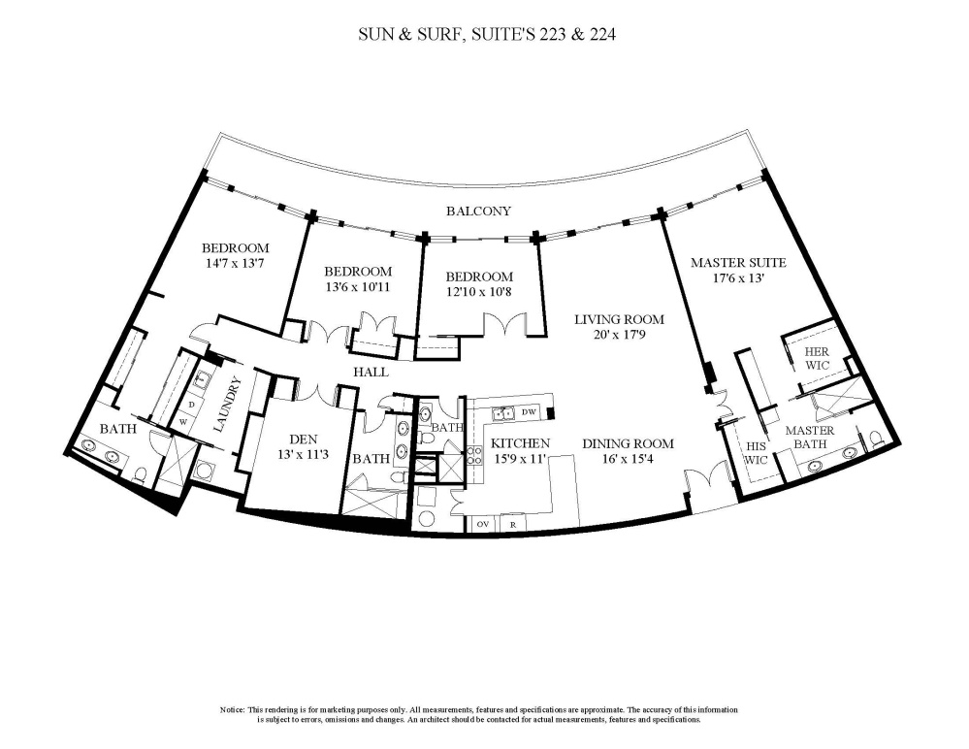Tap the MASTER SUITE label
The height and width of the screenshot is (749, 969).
[738, 263]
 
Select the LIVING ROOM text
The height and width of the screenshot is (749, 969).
[619, 319]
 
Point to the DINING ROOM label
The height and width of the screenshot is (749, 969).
[628, 443]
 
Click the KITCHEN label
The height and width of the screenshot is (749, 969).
[520, 443]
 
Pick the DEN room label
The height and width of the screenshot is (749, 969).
[304, 440]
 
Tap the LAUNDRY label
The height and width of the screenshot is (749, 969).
[224, 405]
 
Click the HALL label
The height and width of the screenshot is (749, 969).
[371, 372]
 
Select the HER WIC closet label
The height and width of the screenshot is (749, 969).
[817, 358]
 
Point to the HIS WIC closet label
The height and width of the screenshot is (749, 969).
[756, 453]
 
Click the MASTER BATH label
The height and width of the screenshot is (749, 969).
[810, 437]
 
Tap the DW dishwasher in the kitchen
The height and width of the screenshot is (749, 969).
[529, 412]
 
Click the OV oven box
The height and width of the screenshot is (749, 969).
[484, 524]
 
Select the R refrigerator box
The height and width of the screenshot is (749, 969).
[513, 524]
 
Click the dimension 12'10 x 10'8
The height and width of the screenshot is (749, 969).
[479, 292]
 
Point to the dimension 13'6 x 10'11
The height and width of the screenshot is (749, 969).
[358, 287]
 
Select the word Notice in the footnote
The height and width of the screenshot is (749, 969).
[233, 709]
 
